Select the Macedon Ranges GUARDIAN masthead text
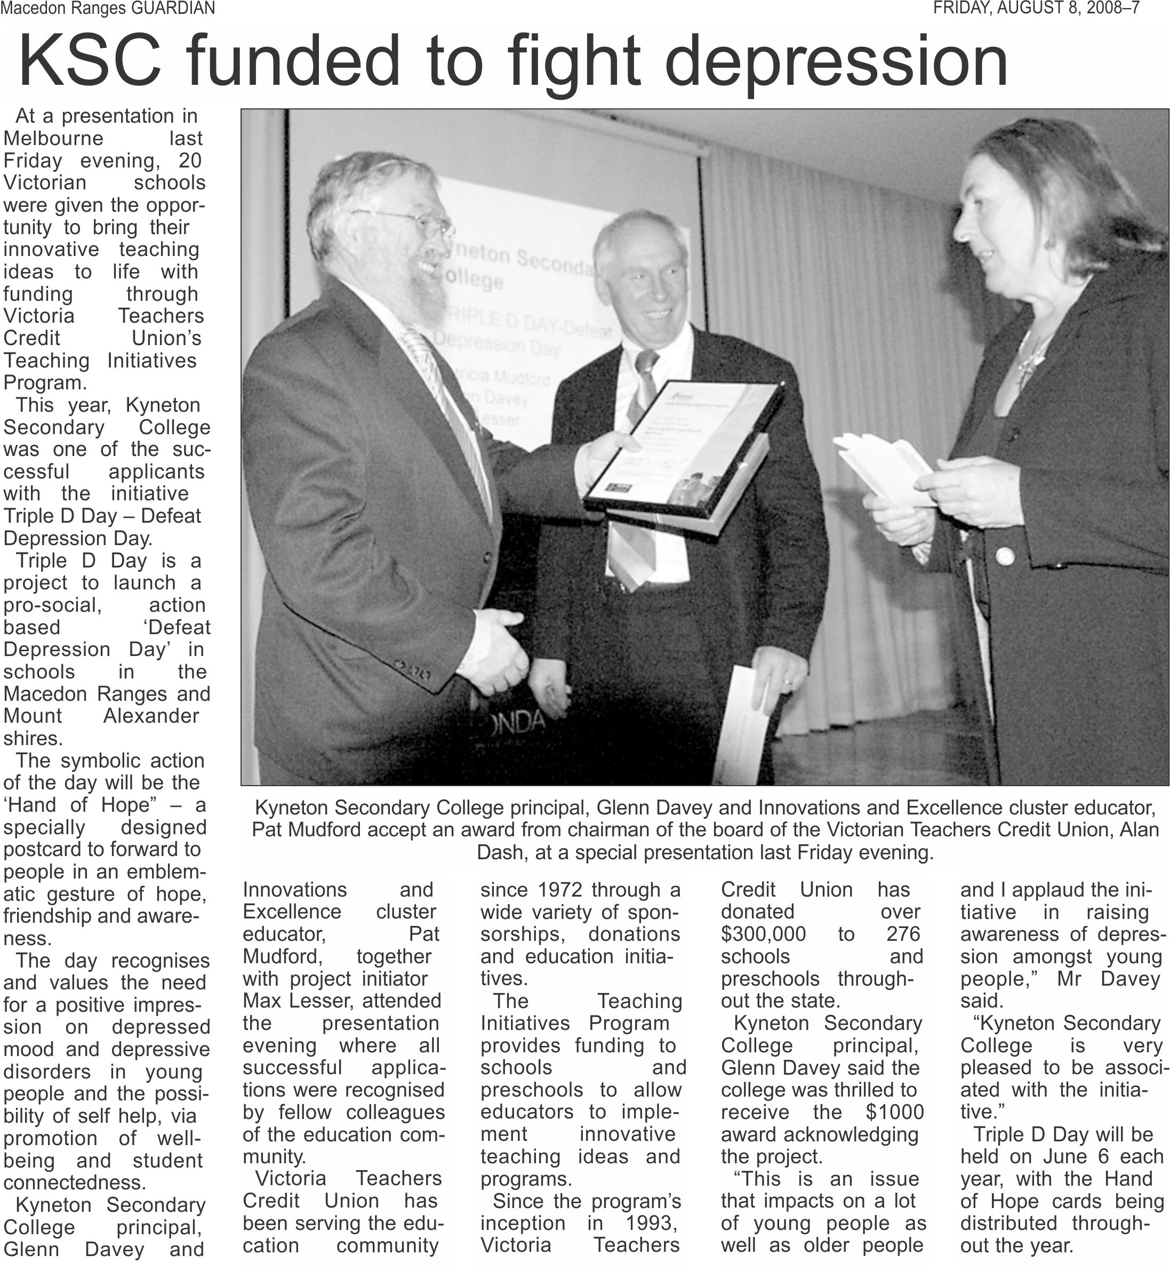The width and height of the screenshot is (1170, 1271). point(108,8)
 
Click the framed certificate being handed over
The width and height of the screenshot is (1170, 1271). point(684,446)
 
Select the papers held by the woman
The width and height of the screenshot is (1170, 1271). point(886,469)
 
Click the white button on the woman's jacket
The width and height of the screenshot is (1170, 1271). point(1005,557)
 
